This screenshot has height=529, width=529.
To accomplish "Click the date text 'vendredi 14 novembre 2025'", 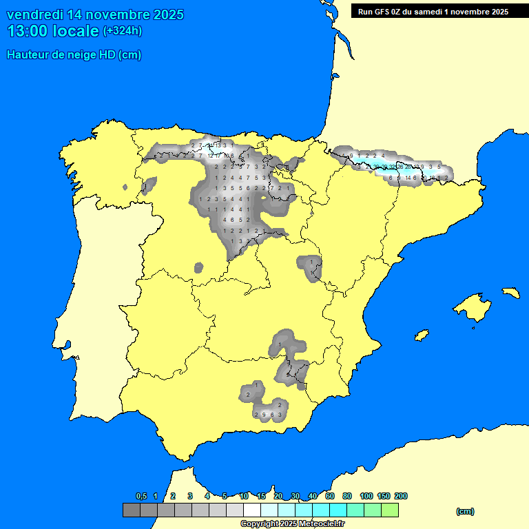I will [x=95, y=14].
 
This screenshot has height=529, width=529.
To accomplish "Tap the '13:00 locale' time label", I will [x=52, y=31].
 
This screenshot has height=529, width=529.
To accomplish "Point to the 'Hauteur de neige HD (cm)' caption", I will [x=74, y=55].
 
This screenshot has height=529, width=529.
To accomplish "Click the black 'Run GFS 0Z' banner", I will [x=433, y=11].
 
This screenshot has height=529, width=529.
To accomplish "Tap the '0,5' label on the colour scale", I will [x=141, y=496].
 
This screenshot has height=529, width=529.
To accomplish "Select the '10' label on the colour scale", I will [x=244, y=496].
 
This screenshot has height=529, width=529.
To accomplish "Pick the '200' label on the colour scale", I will [x=400, y=496].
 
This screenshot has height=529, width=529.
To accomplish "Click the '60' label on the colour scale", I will [x=330, y=496].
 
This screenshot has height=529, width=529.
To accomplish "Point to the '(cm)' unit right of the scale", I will [x=465, y=511].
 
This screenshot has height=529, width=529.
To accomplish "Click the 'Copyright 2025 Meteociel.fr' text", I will [x=292, y=523].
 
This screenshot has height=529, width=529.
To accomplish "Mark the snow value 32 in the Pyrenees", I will [x=392, y=167].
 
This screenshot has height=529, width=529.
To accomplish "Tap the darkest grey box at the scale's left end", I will [x=131, y=510].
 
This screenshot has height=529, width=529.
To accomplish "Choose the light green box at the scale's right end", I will [x=389, y=510].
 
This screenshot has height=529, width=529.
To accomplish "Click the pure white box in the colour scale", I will [x=251, y=510].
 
